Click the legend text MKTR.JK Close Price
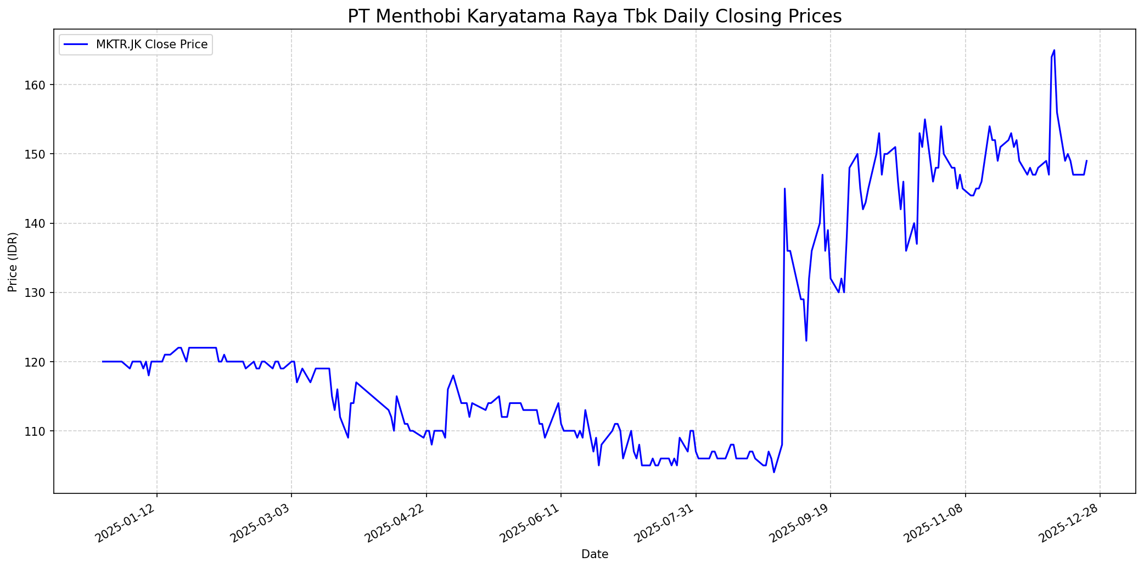[x=152, y=44]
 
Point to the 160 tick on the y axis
[x=41, y=85]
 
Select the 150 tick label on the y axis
[x=41, y=154]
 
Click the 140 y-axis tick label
[x=41, y=223]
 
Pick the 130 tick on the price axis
[x=41, y=293]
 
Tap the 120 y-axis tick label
[x=41, y=362]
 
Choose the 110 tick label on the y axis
[x=41, y=431]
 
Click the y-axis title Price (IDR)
[x=13, y=262]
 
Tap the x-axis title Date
[x=595, y=554]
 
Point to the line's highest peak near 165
[x=1054, y=50]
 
